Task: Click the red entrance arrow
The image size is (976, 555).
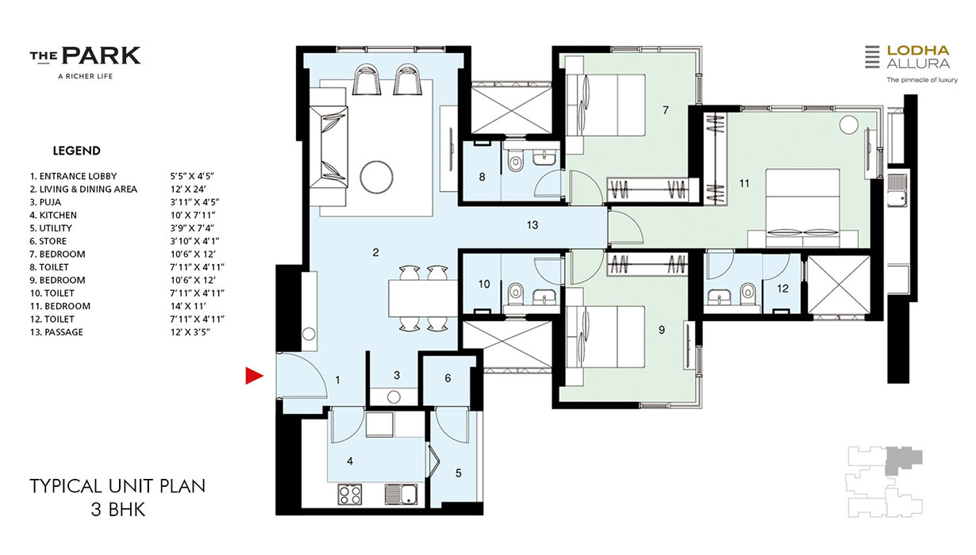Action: tap(254, 376)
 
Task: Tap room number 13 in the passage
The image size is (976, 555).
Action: tap(532, 225)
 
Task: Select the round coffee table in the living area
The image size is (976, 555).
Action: tap(376, 177)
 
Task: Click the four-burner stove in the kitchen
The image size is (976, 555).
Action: tap(349, 495)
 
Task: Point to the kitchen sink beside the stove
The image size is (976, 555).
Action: tap(402, 495)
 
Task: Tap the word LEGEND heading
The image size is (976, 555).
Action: tap(77, 151)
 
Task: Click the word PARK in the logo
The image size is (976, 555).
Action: tap(102, 55)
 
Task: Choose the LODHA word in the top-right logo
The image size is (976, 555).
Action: tap(917, 51)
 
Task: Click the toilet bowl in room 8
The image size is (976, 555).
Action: tap(515, 162)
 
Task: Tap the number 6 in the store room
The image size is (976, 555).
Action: tap(448, 378)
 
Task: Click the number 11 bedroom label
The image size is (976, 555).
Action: tap(744, 184)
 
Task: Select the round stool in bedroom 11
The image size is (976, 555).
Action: tap(848, 124)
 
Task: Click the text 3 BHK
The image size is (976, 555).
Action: tap(117, 510)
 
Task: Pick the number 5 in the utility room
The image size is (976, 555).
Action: tap(459, 473)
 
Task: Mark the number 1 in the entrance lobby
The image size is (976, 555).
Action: tap(338, 380)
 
